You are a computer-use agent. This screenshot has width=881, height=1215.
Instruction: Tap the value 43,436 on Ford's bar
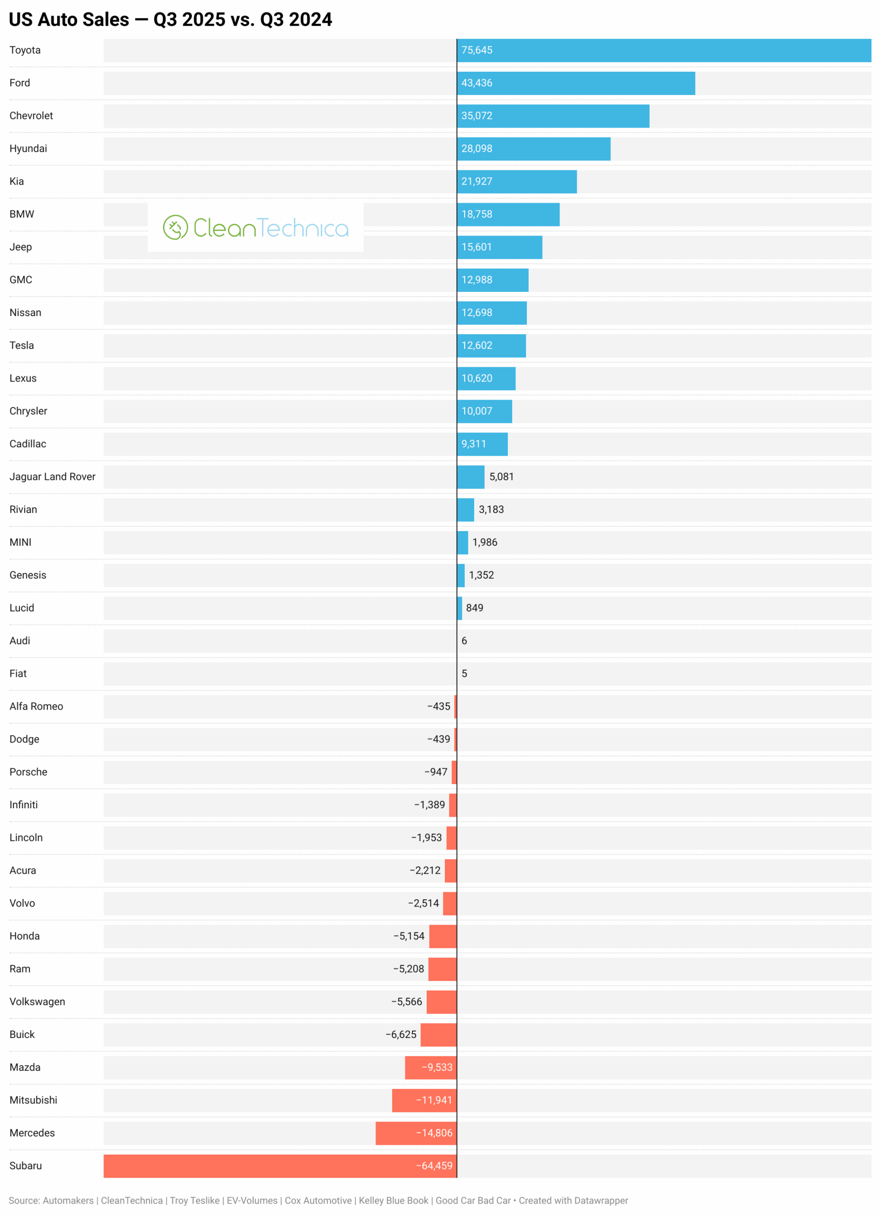[x=477, y=83]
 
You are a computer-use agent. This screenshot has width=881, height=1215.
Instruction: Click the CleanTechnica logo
[x=256, y=228]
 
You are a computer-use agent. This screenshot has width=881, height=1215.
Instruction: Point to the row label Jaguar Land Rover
[x=53, y=477]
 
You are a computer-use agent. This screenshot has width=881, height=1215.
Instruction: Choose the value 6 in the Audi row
[x=464, y=641]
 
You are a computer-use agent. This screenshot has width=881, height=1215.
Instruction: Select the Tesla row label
[x=22, y=346]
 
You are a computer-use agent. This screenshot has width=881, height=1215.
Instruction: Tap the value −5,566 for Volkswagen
[x=406, y=1002]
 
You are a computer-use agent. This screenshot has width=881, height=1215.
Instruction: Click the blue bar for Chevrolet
[x=553, y=116]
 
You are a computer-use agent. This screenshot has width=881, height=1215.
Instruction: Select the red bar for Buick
[x=438, y=1035]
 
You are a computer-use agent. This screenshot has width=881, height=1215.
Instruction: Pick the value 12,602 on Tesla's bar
[x=477, y=346]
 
